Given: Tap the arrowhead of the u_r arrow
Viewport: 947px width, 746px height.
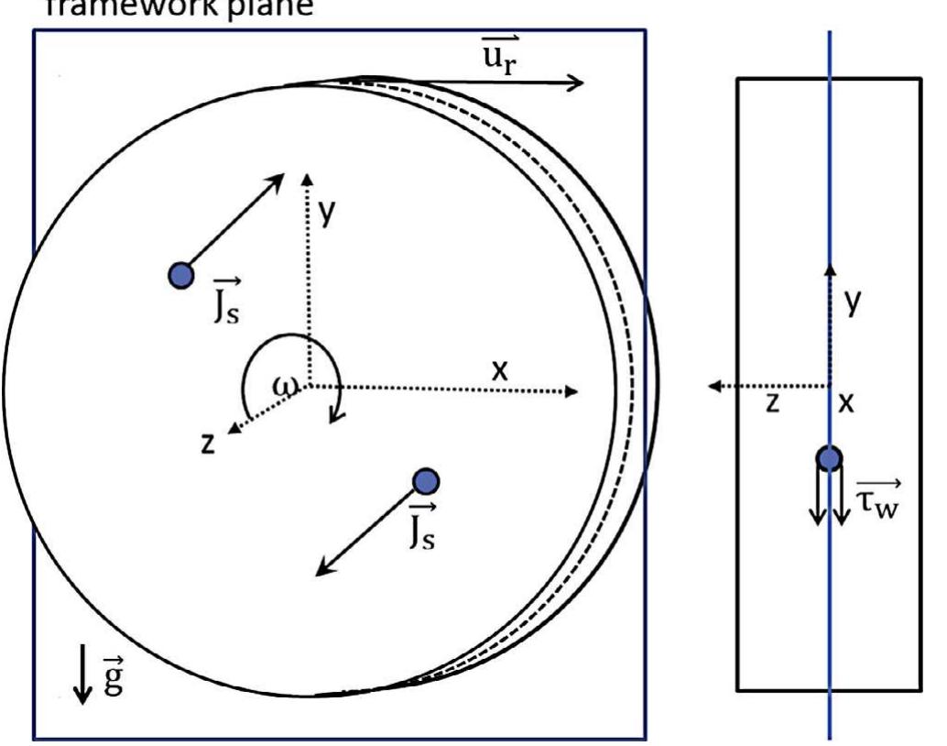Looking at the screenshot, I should pyautogui.click(x=577, y=83).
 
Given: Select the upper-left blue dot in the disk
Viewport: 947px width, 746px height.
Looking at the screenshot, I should pyautogui.click(x=181, y=274).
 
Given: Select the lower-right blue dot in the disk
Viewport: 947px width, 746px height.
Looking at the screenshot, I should pyautogui.click(x=426, y=480).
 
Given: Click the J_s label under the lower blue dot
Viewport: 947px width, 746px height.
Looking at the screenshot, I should pyautogui.click(x=421, y=525).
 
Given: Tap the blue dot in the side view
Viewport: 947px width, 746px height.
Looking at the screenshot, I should pyautogui.click(x=829, y=457).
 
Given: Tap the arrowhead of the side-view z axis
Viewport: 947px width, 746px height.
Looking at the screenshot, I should pyautogui.click(x=717, y=387).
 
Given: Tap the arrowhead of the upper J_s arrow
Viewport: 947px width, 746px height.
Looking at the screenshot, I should pyautogui.click(x=279, y=177).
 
